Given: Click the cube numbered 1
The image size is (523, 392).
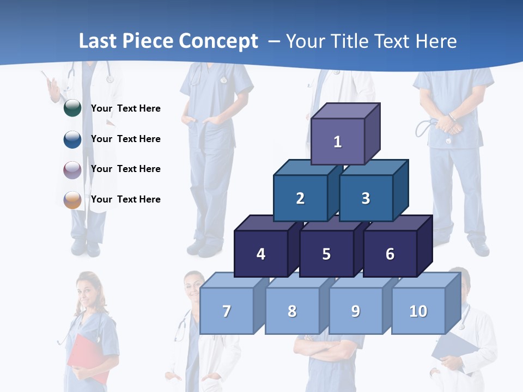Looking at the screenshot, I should [338, 142].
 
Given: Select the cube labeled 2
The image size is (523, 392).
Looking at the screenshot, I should [300, 198].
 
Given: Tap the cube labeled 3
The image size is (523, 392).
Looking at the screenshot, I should [366, 198].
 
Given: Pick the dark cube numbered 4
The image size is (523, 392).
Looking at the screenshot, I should [261, 254].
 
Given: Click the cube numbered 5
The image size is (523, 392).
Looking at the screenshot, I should [326, 254].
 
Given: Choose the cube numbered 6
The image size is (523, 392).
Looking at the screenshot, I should [390, 254].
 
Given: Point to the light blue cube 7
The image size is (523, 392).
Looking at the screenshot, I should [227, 311].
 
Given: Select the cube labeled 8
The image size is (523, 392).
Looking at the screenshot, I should [292, 311].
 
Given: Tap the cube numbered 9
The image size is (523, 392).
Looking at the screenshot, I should [355, 311].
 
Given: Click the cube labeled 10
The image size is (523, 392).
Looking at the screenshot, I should [418, 311].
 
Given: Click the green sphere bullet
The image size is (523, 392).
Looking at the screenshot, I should [72, 108].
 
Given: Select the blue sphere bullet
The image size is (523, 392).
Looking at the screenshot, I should [72, 139].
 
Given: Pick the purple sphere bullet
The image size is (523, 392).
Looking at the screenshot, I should [72, 169].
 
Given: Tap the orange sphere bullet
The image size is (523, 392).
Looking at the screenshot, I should [72, 199].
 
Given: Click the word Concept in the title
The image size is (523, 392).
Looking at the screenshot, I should [218, 41].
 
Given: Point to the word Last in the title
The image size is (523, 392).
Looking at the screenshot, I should [98, 41].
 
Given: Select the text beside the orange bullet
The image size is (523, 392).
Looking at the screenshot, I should [125, 199].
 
